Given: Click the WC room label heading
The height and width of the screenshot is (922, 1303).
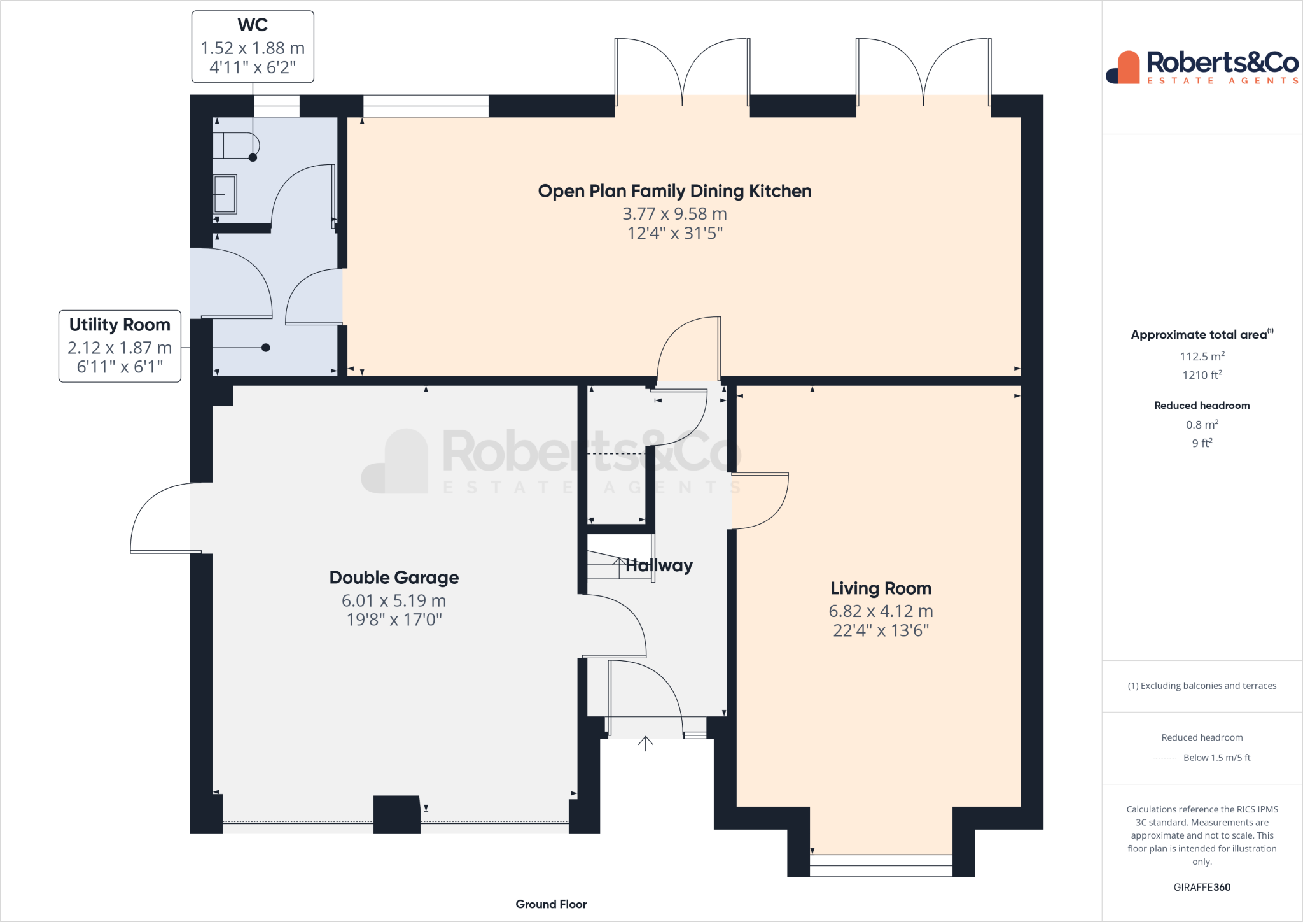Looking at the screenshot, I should pyautogui.click(x=253, y=25).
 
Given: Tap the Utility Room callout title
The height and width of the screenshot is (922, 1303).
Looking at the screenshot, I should pyautogui.click(x=120, y=325).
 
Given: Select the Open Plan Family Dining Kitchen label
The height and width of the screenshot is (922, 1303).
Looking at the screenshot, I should pyautogui.click(x=674, y=191).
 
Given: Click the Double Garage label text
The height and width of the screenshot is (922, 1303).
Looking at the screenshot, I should pyautogui.click(x=394, y=578).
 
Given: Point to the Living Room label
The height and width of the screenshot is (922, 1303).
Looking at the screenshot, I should pyautogui.click(x=881, y=588).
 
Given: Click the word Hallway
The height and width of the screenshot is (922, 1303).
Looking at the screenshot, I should pyautogui.click(x=659, y=565).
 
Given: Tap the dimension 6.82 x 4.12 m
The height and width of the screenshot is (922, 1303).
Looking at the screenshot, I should pyautogui.click(x=881, y=611).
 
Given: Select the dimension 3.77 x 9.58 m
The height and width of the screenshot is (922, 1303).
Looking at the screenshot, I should pyautogui.click(x=674, y=214).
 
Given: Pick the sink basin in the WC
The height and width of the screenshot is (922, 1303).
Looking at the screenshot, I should pyautogui.click(x=225, y=194).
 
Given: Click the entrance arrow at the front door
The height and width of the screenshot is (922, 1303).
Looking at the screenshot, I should pyautogui.click(x=646, y=743).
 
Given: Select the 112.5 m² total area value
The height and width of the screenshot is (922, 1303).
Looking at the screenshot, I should pyautogui.click(x=1202, y=357).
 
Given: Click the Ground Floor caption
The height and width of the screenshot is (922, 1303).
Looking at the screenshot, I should pyautogui.click(x=551, y=904).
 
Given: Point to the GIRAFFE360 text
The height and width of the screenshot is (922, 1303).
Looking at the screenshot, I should pyautogui.click(x=1202, y=887).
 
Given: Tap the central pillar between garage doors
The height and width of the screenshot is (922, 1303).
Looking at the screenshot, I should pyautogui.click(x=396, y=814).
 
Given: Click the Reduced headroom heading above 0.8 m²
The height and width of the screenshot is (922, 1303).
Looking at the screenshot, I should pyautogui.click(x=1202, y=406).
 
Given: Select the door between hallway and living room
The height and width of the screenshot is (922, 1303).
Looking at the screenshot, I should pyautogui.click(x=761, y=501).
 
